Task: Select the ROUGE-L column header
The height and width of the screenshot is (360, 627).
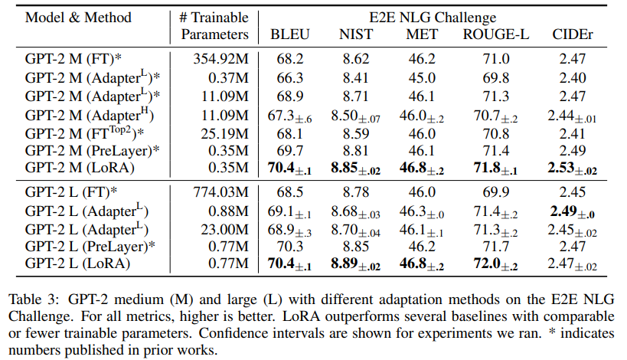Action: [x=495, y=34]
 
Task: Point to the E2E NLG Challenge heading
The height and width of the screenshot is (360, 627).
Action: [x=433, y=17]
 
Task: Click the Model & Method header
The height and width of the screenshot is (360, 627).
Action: [x=79, y=17]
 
